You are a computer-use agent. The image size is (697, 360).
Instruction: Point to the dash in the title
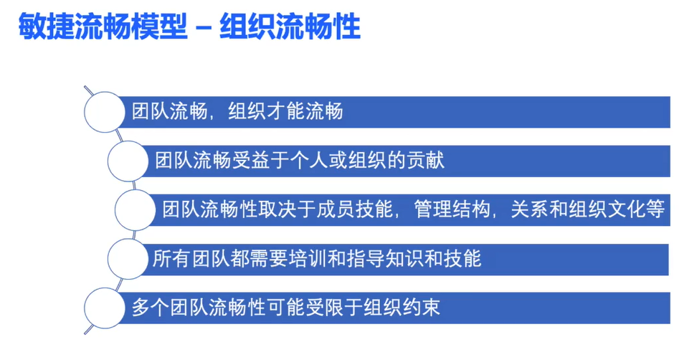pyautogui.click(x=204, y=27)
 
